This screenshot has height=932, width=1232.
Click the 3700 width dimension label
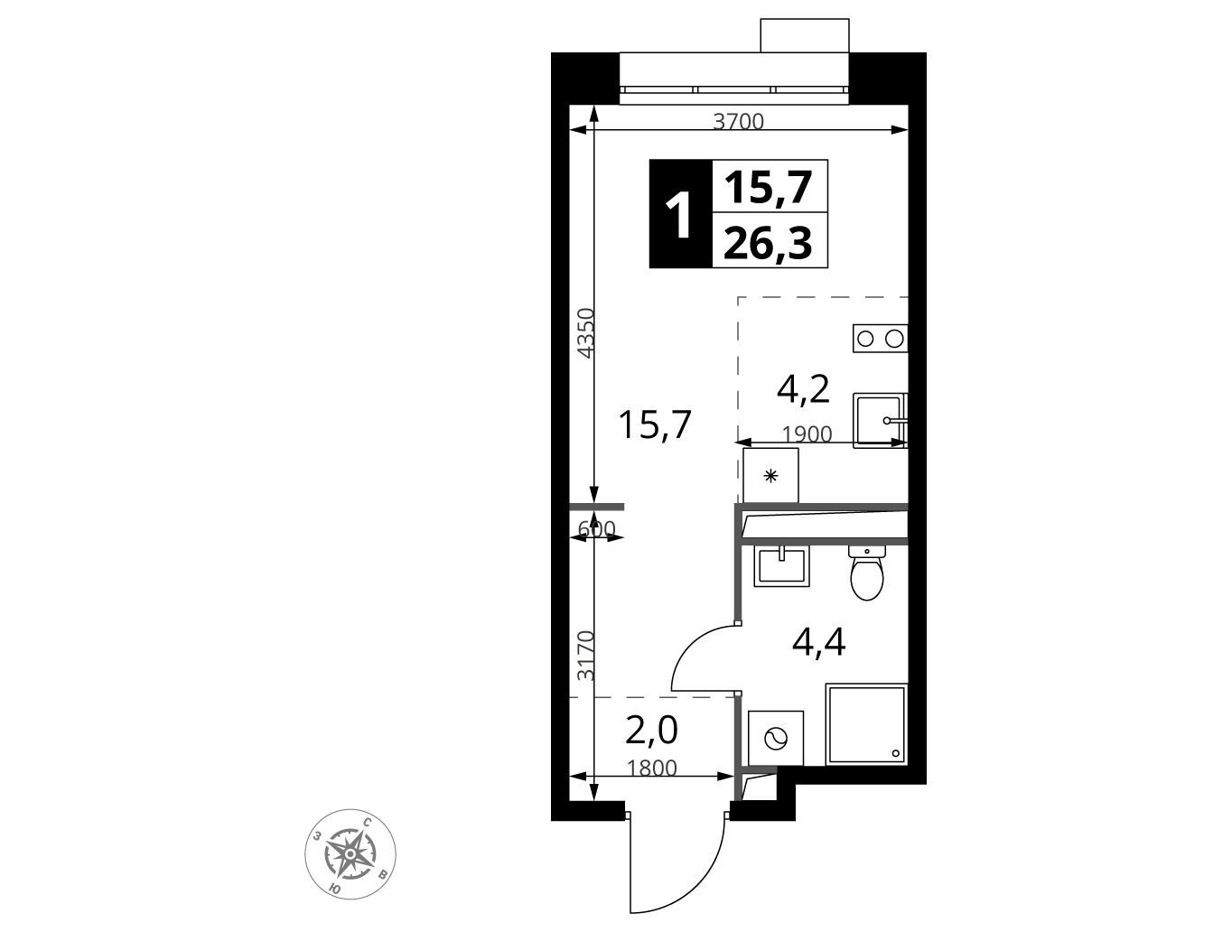738,121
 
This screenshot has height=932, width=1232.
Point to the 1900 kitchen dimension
807,434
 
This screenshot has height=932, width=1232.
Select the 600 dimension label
597,528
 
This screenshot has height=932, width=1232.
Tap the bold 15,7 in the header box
768,187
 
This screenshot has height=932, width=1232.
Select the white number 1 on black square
680,214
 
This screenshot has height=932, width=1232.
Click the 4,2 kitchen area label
803,389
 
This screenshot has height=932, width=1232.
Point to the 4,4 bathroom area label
819,641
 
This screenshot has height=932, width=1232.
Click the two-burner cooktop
880,339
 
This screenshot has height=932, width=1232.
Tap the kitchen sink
880,420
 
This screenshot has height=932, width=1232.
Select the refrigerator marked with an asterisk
770,476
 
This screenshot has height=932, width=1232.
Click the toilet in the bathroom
867,572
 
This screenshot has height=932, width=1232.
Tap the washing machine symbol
776,738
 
